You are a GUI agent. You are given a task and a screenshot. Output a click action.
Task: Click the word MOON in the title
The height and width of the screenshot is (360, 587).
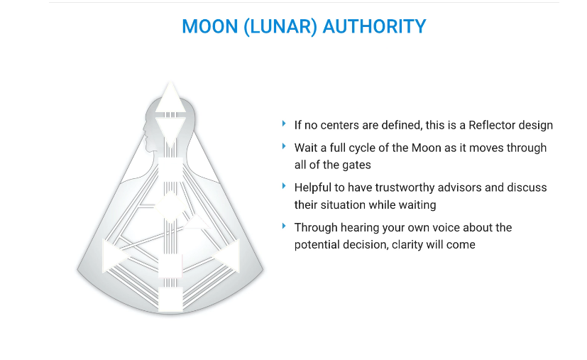pos(209,26)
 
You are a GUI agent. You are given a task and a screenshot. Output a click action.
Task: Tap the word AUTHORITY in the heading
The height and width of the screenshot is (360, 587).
pos(374,26)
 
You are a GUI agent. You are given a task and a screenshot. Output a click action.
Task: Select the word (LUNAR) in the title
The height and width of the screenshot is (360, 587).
pos(280,27)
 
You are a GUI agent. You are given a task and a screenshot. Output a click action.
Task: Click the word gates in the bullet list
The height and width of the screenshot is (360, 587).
pos(358,165)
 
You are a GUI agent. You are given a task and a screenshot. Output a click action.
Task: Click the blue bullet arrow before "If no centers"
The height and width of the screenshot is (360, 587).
pos(284,124)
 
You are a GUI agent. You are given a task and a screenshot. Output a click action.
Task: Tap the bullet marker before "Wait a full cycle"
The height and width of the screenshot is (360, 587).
pos(284,146)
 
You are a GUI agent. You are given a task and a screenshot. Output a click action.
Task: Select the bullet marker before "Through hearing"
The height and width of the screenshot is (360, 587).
pos(284,227)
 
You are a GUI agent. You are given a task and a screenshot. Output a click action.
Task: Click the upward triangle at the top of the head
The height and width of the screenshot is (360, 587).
pos(170,99)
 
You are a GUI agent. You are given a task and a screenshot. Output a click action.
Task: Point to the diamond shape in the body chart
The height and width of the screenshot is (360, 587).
pos(170,207)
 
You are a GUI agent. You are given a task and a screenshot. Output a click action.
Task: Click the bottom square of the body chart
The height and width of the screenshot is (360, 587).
pos(170,300)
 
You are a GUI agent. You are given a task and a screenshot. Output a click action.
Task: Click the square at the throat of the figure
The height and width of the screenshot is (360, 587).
pos(170,170)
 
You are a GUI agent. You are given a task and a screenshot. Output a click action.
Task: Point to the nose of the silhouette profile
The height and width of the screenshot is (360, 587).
pos(144,131)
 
